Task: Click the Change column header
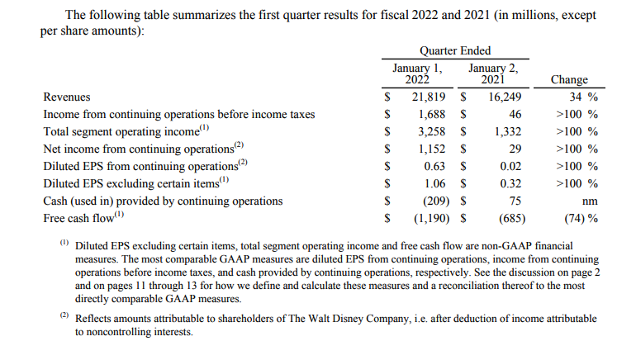(x=568, y=80)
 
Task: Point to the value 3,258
(x=431, y=131)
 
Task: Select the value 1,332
(x=507, y=131)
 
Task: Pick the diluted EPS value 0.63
(x=435, y=166)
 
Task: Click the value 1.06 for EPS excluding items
(x=435, y=183)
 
